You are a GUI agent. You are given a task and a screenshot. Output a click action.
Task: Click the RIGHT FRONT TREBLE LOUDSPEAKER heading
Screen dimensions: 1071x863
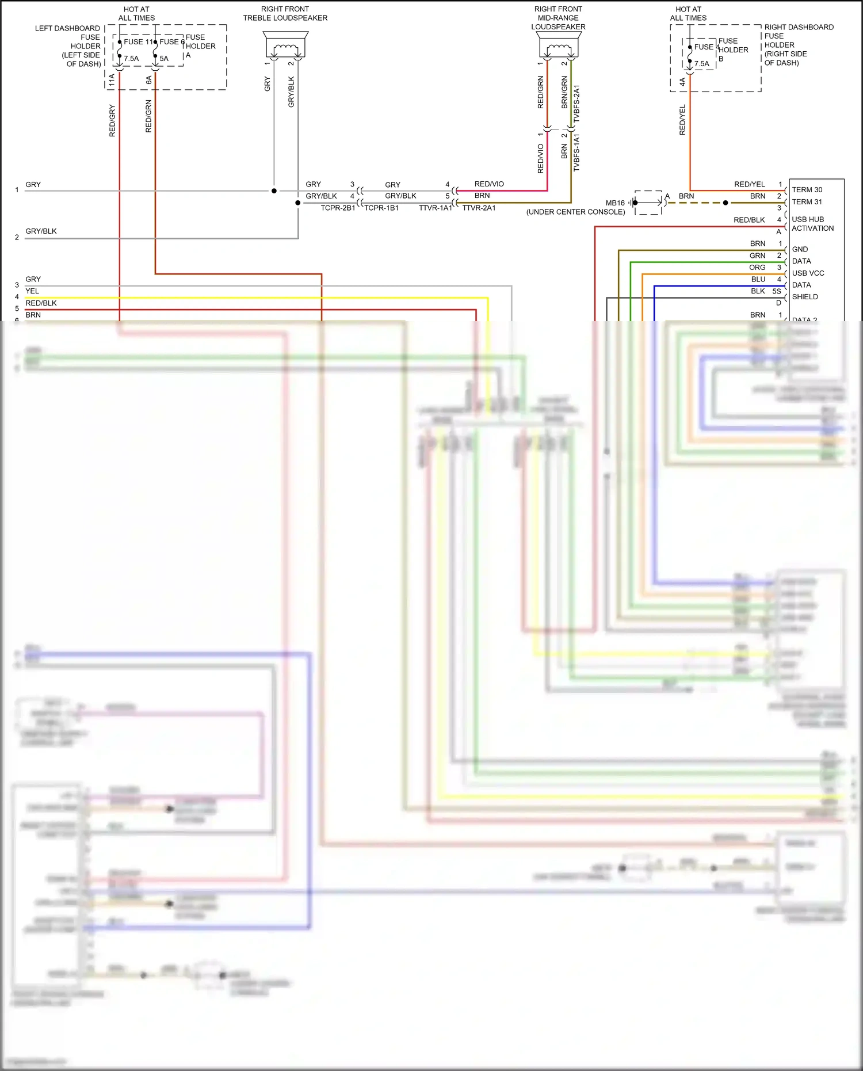285,13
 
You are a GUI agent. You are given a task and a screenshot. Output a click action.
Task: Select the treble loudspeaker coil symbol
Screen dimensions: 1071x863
285,47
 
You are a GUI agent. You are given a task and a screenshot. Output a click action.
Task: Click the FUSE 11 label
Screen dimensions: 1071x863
138,41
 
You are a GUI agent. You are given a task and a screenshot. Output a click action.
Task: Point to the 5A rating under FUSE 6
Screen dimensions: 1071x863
164,59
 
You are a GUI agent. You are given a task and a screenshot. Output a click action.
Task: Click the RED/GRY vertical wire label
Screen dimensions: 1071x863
112,121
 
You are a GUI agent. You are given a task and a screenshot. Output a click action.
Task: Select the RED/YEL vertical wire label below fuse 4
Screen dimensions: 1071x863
682,120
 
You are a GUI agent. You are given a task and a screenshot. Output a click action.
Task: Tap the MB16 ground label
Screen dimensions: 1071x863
615,203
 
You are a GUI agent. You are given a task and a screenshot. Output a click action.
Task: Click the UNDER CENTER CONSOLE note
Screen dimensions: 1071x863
575,212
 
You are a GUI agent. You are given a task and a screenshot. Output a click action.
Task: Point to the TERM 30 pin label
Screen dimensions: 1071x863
807,190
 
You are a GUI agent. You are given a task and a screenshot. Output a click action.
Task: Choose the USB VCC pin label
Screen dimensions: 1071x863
808,273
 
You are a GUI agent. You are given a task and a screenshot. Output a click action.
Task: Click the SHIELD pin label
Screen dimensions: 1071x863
804,297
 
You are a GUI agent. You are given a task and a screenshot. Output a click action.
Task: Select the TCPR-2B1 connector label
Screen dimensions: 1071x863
338,208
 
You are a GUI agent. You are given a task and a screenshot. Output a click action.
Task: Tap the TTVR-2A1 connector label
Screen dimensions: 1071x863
479,208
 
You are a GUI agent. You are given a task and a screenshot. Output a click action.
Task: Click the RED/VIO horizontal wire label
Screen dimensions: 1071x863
489,184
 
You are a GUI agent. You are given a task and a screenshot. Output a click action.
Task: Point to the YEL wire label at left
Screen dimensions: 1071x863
32,291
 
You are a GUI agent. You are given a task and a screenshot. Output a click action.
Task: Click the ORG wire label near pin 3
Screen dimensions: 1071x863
757,268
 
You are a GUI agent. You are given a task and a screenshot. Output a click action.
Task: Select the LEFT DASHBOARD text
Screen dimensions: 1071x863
67,28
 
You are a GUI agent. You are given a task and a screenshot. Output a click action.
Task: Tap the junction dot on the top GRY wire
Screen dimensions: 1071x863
274,190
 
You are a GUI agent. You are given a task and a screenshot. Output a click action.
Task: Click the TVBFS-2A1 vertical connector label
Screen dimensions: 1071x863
576,104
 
